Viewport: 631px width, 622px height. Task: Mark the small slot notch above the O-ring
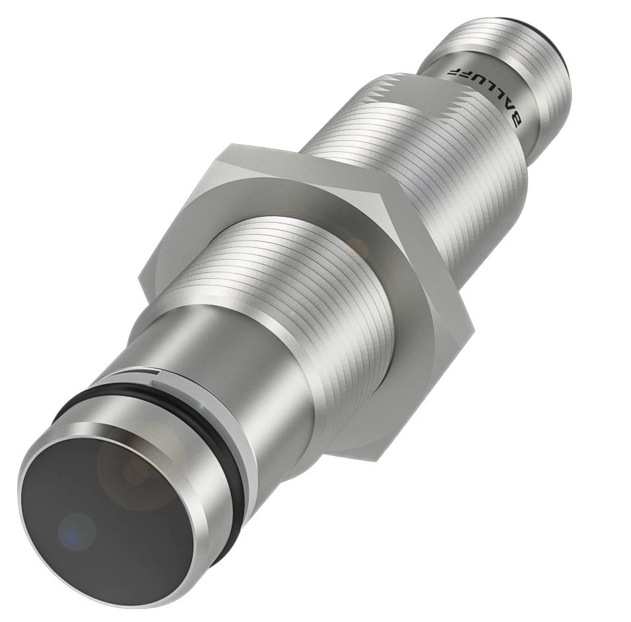click(x=153, y=375)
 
